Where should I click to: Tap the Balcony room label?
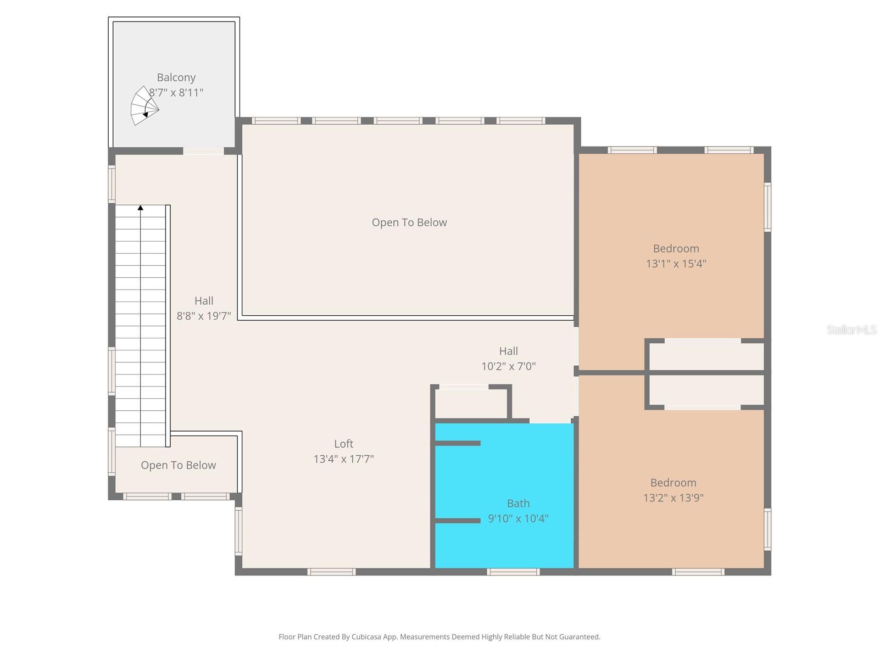click(x=176, y=77)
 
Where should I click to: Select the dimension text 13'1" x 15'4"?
click(x=676, y=264)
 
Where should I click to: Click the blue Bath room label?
click(x=518, y=503)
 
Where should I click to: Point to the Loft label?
click(x=343, y=444)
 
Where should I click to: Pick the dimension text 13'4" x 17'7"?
click(x=343, y=459)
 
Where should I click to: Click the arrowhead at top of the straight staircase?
click(x=141, y=208)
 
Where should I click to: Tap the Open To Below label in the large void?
click(x=409, y=222)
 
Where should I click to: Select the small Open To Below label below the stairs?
click(x=178, y=465)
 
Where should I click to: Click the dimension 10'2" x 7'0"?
click(x=508, y=366)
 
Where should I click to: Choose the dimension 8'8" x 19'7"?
click(x=203, y=316)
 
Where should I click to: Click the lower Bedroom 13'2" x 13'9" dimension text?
click(x=673, y=498)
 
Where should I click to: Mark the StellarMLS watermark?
click(x=851, y=329)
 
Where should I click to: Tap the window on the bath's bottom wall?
click(x=513, y=572)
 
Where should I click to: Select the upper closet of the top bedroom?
click(x=706, y=356)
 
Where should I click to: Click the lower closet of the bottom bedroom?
click(x=706, y=390)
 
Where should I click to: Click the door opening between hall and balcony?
click(x=203, y=151)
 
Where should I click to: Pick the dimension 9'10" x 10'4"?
click(x=518, y=518)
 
